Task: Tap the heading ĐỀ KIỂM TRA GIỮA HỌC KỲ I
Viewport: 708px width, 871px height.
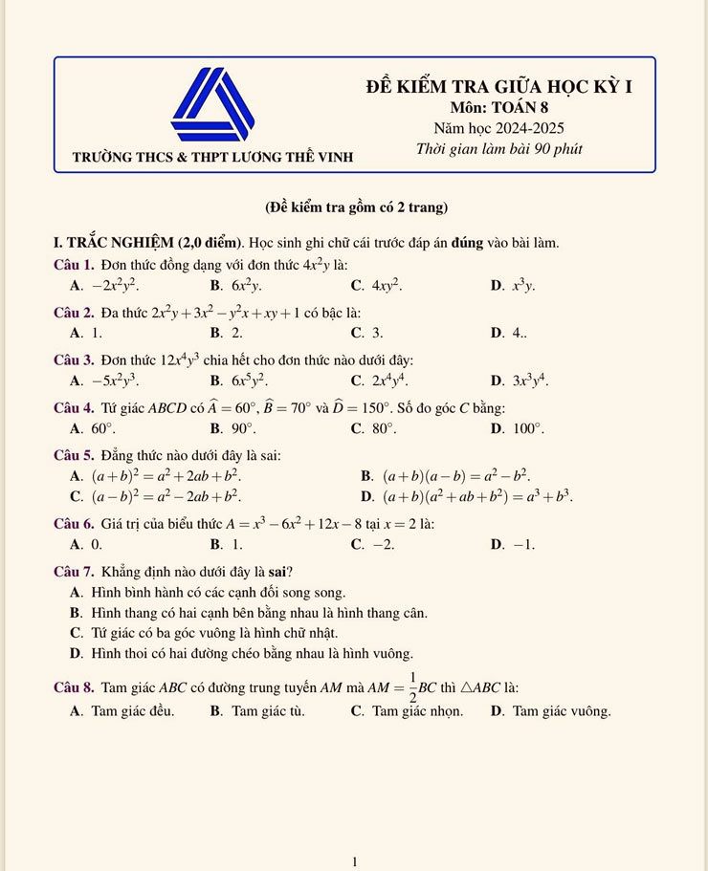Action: [498, 87]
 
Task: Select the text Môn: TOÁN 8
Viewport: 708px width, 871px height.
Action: [498, 108]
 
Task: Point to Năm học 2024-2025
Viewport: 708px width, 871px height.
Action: [498, 128]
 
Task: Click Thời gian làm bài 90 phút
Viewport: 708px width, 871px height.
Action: [498, 149]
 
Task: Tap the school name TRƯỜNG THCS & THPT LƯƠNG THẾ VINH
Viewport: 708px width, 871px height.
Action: [213, 156]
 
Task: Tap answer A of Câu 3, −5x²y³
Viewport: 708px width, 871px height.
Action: [106, 381]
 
